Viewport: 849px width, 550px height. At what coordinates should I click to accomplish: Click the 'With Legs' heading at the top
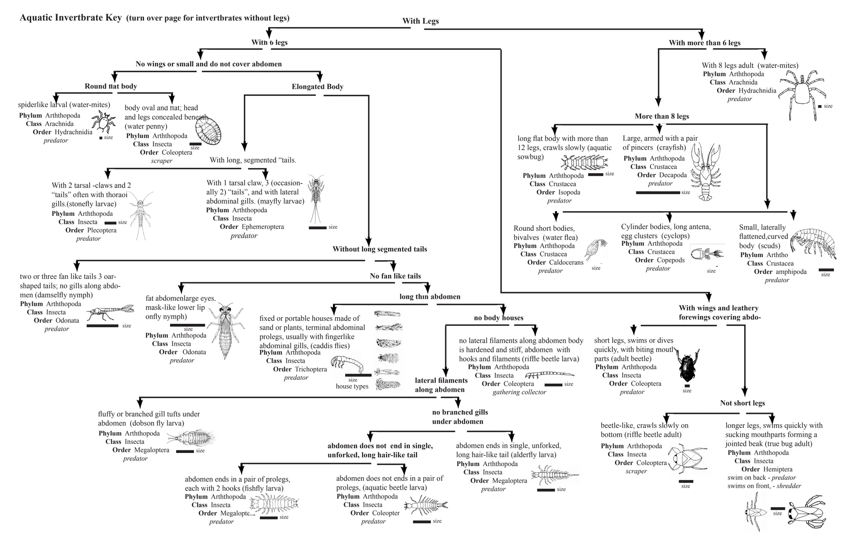pos(420,21)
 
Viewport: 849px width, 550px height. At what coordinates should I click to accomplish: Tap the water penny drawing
pos(209,130)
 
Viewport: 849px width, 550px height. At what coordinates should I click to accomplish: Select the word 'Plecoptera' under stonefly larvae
pos(102,230)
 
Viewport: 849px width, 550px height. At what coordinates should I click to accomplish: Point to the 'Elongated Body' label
pos(317,87)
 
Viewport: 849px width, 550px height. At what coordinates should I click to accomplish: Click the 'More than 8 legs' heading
pos(662,116)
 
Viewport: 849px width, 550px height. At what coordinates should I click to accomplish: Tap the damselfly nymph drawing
pos(110,313)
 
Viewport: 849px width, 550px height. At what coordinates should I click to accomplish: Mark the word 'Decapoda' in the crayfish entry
pos(672,175)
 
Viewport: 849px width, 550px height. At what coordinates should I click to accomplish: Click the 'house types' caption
pos(352,386)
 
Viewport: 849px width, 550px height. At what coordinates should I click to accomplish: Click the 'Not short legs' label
pos(742,403)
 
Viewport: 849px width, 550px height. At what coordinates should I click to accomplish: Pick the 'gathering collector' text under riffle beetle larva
pos(519,392)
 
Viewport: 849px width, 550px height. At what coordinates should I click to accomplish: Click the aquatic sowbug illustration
pos(584,163)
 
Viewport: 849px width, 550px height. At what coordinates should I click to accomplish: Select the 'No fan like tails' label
pos(395,276)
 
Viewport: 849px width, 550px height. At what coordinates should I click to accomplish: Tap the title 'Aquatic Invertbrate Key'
pos(71,18)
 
